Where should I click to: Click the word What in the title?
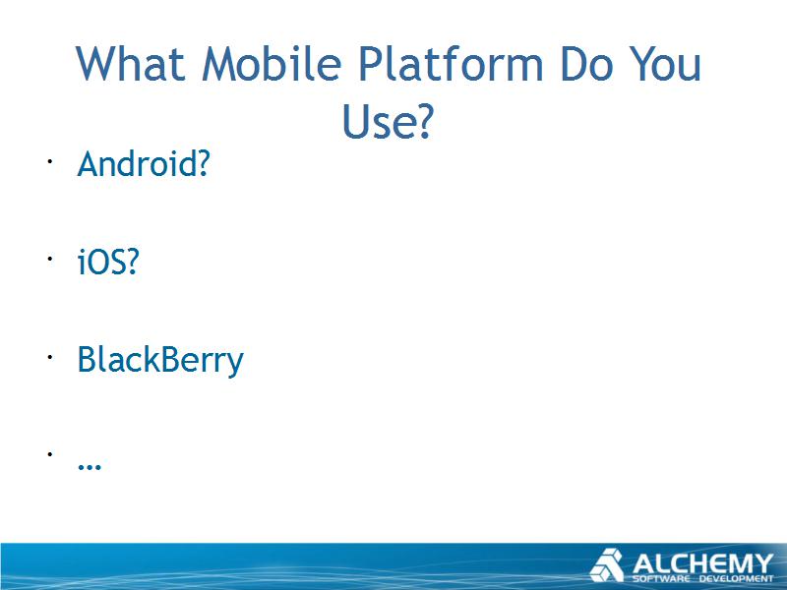(x=130, y=64)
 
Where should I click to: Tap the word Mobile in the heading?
(x=272, y=64)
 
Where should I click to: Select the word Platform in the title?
(x=452, y=64)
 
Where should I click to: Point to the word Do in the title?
(x=586, y=64)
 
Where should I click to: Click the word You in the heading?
(x=666, y=64)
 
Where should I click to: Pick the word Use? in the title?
(x=387, y=121)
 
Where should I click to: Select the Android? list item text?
(x=143, y=163)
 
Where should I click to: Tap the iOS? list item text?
(x=107, y=262)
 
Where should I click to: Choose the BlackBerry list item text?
(x=160, y=360)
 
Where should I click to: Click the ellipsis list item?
(x=90, y=466)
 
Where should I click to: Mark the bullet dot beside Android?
(x=50, y=161)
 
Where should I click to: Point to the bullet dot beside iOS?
(x=50, y=259)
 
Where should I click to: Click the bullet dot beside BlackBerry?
(x=50, y=357)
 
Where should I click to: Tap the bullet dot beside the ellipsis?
(x=50, y=454)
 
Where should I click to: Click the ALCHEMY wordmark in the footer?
(x=702, y=563)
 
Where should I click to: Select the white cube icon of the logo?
(x=607, y=565)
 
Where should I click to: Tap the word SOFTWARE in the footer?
(x=661, y=578)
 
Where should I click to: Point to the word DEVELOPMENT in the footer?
(x=737, y=578)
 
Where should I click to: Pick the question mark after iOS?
(x=132, y=262)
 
